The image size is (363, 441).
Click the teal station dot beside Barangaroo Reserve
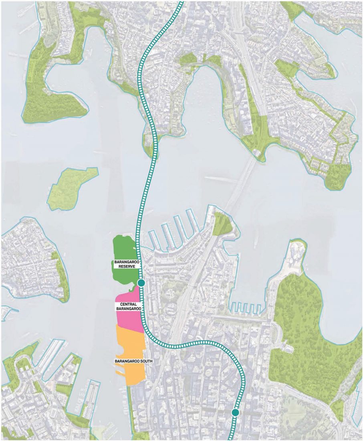point(141,283)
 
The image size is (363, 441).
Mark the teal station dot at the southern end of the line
point(235,412)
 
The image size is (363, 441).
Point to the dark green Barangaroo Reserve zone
point(124,249)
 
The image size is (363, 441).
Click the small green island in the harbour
point(72,188)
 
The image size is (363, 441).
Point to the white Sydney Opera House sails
point(297,253)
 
